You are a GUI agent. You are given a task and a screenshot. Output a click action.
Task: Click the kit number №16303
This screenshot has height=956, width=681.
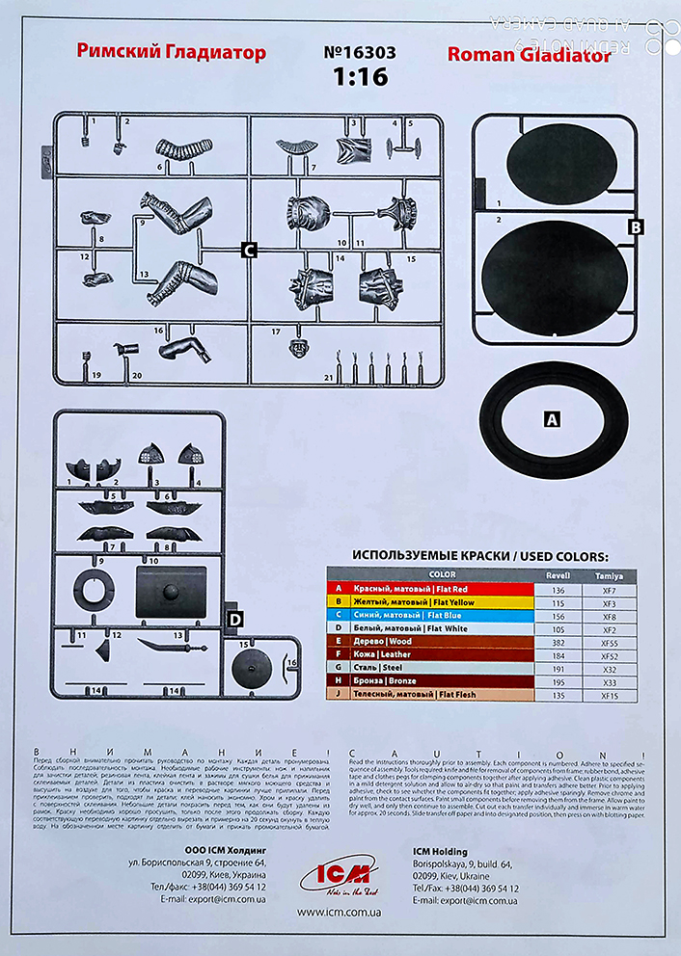(361, 53)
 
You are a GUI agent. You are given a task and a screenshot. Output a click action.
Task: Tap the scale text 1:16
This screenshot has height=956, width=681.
(361, 77)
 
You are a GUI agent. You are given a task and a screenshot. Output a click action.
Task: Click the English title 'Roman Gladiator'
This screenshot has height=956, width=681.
(529, 55)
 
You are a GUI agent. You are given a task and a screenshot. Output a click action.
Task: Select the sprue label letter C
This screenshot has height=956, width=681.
(249, 251)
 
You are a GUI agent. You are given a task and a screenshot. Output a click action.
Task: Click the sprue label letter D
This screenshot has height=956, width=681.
(234, 618)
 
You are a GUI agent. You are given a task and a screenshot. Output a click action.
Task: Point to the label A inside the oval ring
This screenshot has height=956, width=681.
(552, 419)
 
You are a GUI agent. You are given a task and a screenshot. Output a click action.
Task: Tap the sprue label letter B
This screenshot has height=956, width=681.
(635, 227)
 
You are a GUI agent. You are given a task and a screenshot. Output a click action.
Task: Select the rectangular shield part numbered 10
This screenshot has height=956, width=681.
(172, 592)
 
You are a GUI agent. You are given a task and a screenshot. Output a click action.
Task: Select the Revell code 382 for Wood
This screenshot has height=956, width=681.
(556, 641)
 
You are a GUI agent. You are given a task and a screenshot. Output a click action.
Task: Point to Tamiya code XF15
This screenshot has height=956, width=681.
(610, 694)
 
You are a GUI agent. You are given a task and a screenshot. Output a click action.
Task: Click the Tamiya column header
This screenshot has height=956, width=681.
(610, 574)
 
